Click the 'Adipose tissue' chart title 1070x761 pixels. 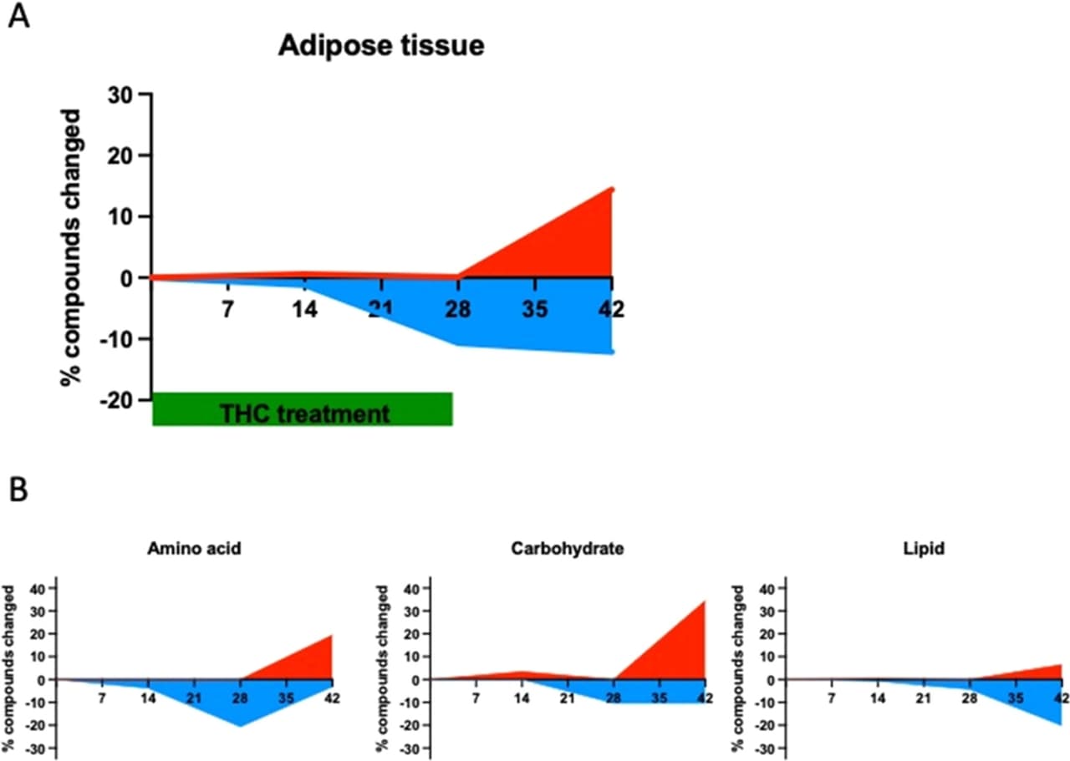[x=380, y=46]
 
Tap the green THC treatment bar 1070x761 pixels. [x=303, y=408]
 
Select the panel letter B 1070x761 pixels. [x=18, y=490]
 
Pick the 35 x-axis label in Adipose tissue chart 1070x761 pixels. [x=535, y=309]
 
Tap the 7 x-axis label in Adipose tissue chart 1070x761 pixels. [x=227, y=309]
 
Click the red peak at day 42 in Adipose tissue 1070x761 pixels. [x=612, y=189]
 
